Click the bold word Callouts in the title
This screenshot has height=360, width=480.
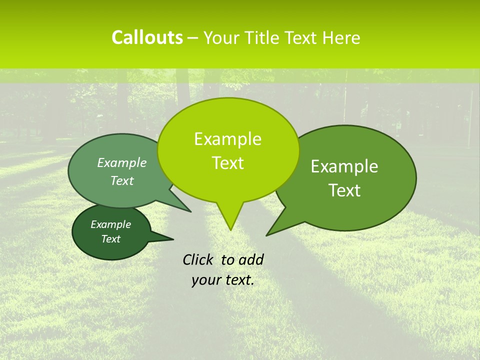(147, 37)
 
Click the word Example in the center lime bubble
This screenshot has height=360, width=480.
(227, 139)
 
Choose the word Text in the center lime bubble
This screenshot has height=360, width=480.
(227, 163)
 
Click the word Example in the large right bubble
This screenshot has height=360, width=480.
(344, 166)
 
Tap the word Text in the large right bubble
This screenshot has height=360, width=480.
(344, 190)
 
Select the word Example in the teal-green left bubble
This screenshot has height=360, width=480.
(122, 162)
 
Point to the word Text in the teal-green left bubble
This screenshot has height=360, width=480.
(122, 180)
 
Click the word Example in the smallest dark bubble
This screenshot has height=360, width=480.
(110, 224)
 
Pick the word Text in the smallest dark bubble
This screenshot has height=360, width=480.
(110, 239)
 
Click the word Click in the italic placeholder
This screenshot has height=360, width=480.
(197, 259)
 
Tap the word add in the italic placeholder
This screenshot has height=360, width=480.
(250, 259)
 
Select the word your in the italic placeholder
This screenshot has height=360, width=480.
(206, 280)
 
